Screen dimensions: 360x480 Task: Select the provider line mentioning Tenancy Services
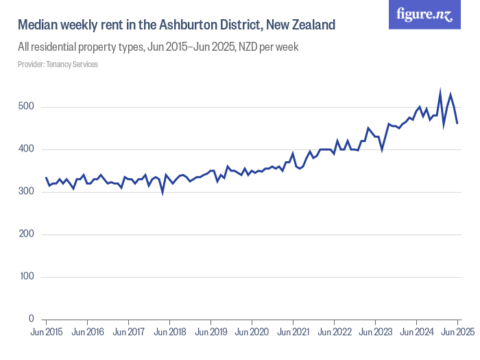point(58,64)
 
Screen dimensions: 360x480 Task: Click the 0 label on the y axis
point(30,320)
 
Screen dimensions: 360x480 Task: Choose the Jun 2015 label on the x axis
point(46,333)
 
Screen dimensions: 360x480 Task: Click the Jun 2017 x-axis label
point(128,333)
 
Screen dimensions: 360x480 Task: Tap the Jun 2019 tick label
point(211,333)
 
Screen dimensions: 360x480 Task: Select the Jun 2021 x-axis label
point(293,333)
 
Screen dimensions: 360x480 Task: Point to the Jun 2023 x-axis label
point(375,333)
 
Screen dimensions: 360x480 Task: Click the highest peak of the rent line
point(440,91)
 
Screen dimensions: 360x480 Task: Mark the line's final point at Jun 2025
point(457,123)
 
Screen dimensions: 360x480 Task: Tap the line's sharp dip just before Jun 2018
point(163,193)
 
